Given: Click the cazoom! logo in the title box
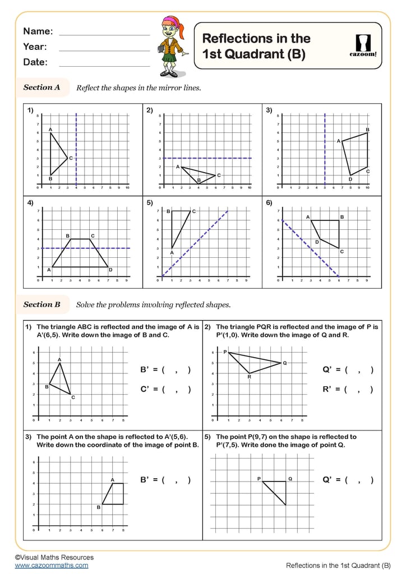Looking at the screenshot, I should [363, 46].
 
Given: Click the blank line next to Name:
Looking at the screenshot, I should [104, 35].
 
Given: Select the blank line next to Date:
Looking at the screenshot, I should [104, 66].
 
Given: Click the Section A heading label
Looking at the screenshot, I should [41, 87].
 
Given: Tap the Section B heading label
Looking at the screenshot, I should [41, 305].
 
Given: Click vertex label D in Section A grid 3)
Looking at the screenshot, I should [350, 179].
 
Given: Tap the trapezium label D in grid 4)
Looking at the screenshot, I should [110, 270].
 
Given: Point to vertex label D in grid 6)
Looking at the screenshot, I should [317, 242].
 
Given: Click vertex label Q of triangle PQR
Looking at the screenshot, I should [285, 363].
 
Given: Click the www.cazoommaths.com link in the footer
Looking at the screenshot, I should [52, 566].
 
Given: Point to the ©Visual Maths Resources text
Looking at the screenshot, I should [54, 557].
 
